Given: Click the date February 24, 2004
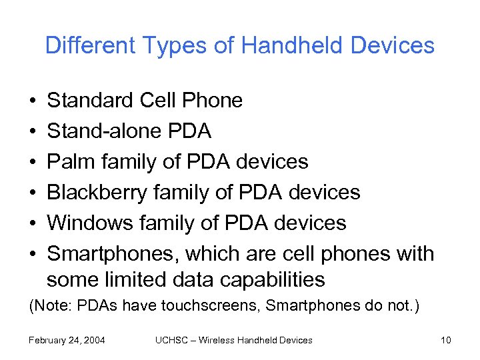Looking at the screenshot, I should coord(67,341).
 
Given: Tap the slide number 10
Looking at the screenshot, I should coord(446,341).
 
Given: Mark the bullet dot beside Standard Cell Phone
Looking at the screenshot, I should coord(33,101).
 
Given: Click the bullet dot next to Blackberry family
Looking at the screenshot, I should coord(33,193).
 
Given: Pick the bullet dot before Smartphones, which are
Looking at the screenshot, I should coord(33,255).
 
